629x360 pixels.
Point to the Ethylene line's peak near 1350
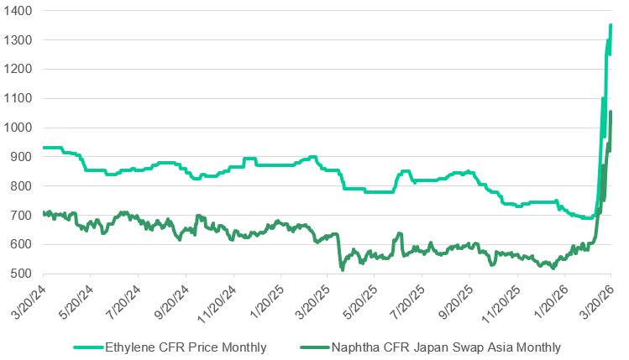(x=611, y=26)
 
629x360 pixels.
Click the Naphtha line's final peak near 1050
(x=611, y=112)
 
